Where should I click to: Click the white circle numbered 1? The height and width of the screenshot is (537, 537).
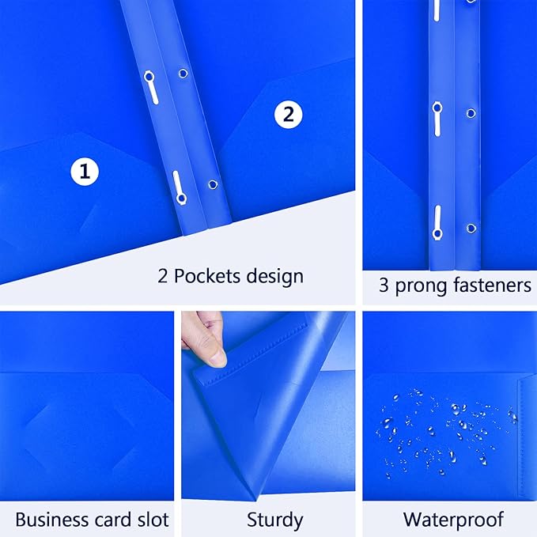click(85, 170)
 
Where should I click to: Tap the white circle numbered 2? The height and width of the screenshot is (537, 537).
click(289, 115)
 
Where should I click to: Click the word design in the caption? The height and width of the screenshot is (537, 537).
click(273, 277)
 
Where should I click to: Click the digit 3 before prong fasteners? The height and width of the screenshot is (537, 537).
click(384, 286)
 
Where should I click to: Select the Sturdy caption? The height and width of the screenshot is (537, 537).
click(275, 520)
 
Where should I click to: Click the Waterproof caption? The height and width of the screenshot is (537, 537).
click(453, 520)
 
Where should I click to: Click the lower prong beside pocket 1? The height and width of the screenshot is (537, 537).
click(178, 187)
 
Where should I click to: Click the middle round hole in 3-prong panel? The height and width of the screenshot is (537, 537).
click(472, 112)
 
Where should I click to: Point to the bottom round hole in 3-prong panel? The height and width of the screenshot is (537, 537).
click(472, 228)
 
